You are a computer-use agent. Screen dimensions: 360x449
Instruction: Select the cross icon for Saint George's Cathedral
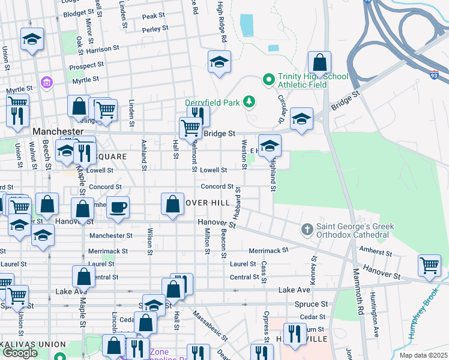pyautogui.click(x=307, y=229)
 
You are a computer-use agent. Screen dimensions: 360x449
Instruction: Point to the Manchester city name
pyautogui.click(x=58, y=131)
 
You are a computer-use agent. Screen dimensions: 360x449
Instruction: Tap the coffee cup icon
pyautogui.click(x=118, y=207)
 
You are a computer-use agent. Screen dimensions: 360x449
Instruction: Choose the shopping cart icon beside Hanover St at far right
pyautogui.click(x=429, y=265)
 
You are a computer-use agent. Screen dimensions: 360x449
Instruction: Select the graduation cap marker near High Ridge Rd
pyautogui.click(x=220, y=62)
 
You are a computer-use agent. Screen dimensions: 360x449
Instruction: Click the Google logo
pyautogui.click(x=19, y=352)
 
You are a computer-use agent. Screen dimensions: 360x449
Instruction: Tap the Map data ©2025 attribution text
pyautogui.click(x=423, y=355)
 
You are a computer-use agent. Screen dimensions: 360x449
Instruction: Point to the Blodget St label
pyautogui.click(x=78, y=12)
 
